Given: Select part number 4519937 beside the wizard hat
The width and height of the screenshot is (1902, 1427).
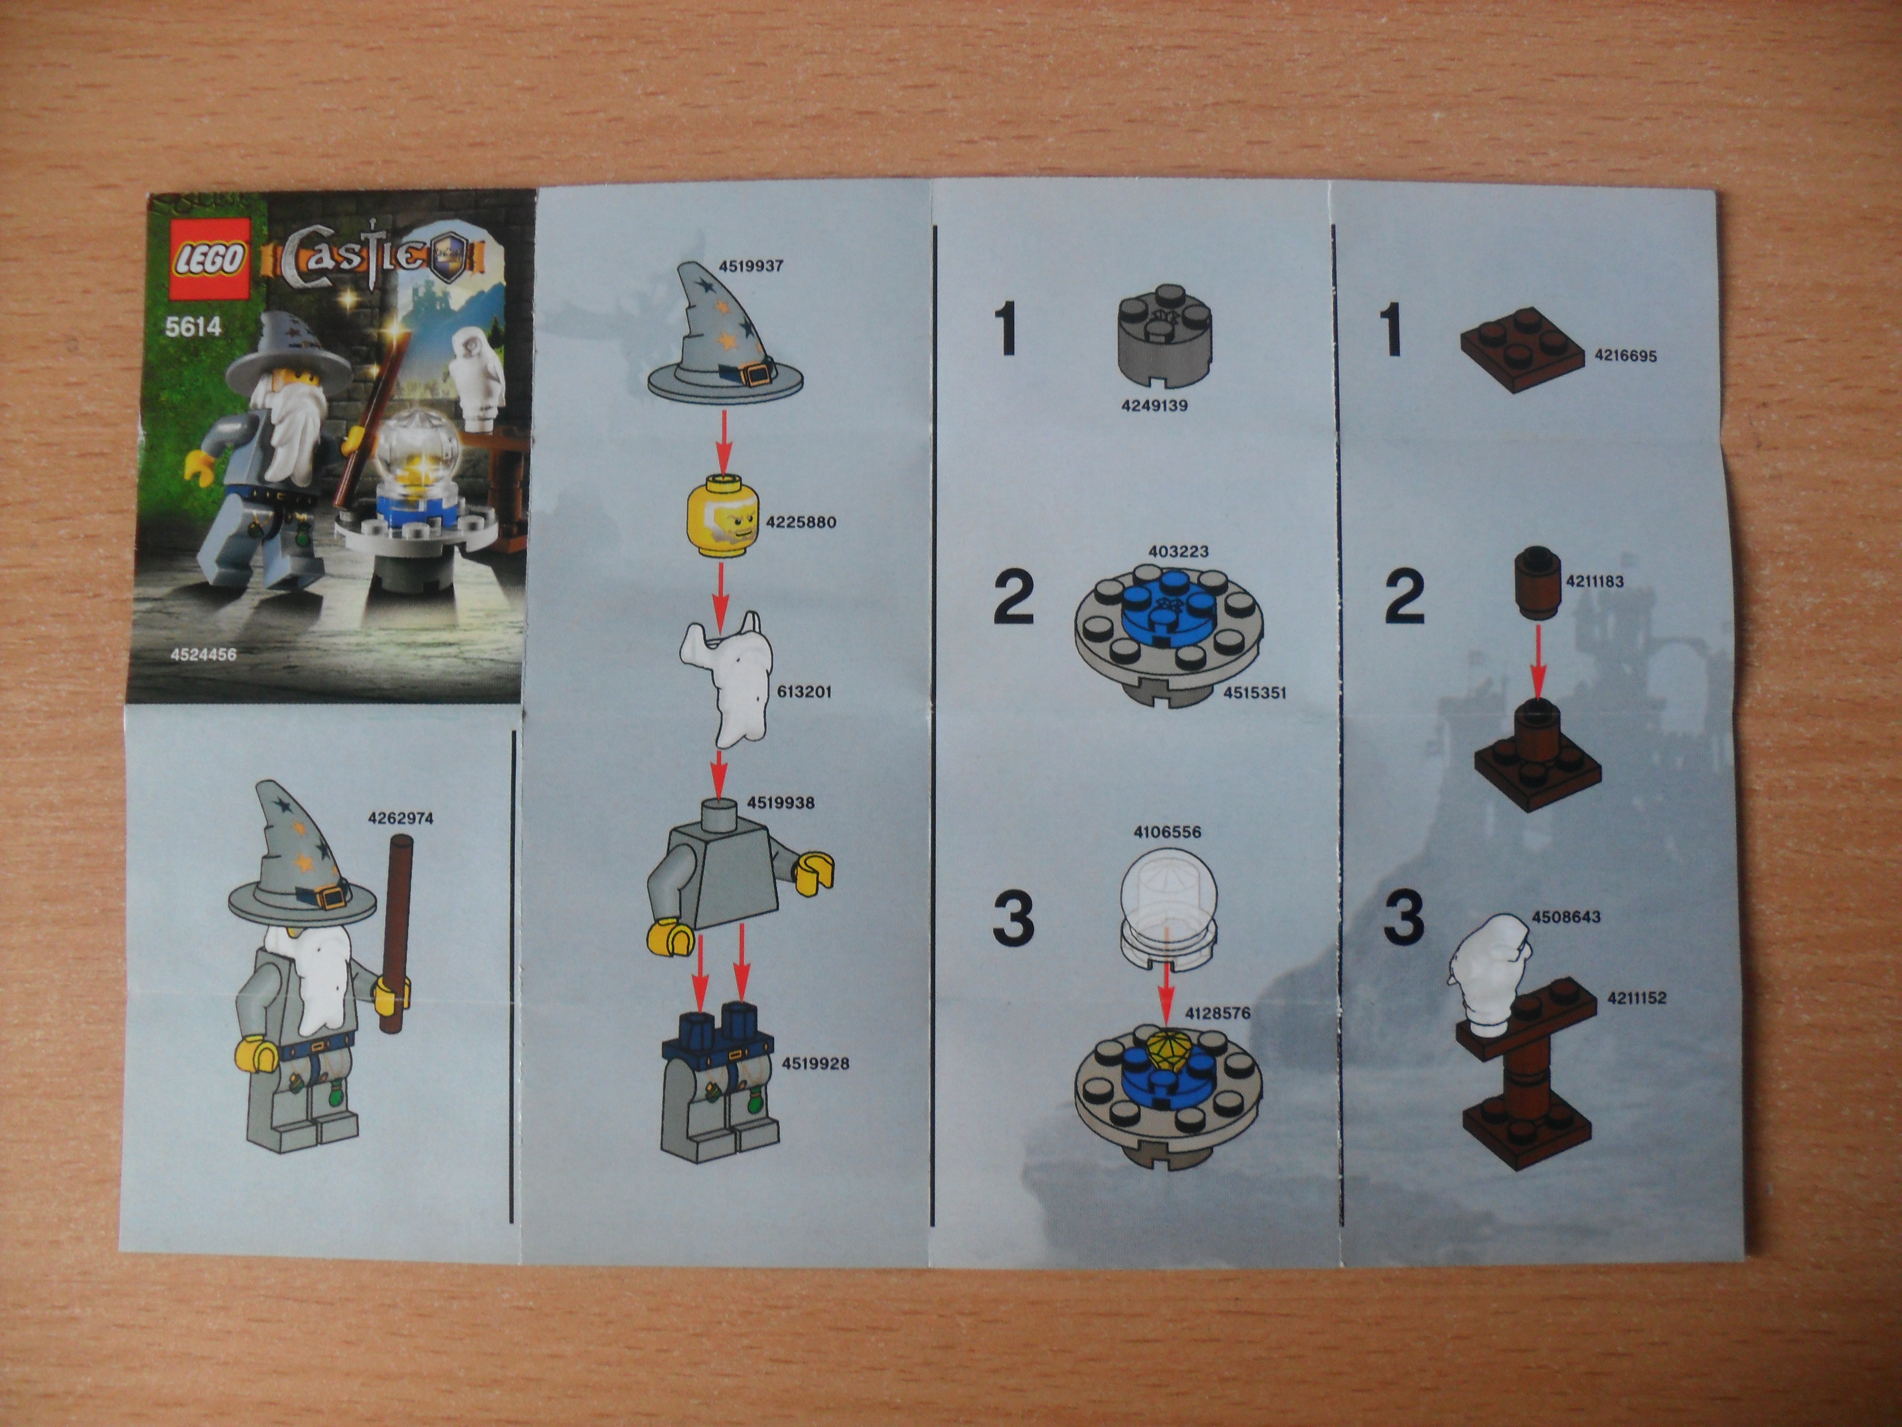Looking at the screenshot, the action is [751, 266].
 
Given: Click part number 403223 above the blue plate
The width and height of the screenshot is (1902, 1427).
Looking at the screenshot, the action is [1179, 551].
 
